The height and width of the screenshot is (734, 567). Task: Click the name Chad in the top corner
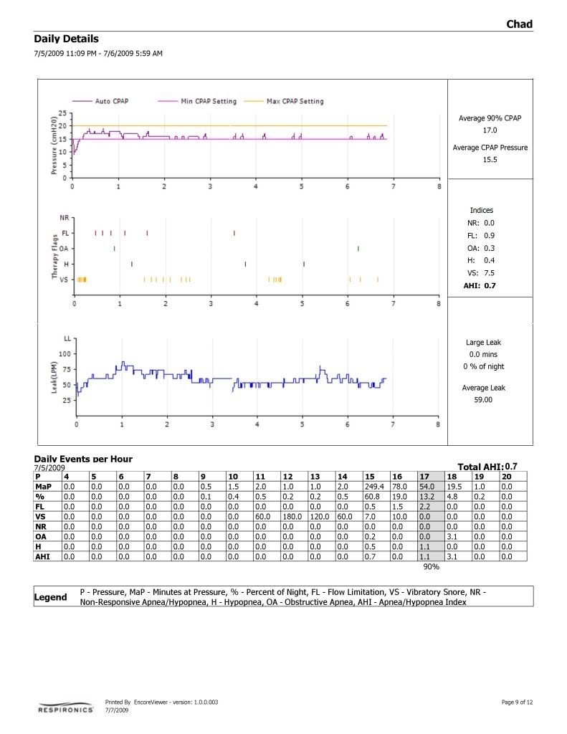519,24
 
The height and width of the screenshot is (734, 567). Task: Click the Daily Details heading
66,39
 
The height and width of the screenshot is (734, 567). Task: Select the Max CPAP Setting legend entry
295,101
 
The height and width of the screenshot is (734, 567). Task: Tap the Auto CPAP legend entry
112,101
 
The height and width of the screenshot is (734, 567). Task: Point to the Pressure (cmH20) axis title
53,146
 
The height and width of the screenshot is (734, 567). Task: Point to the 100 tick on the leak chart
65,353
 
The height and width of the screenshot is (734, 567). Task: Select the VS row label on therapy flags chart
63,280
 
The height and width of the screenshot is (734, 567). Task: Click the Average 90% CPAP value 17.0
490,130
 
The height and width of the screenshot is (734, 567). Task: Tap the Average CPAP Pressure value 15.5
490,160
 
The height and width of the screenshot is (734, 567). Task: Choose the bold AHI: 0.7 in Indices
480,285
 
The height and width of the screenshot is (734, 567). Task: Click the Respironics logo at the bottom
66,709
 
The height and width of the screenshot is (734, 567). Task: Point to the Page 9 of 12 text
517,702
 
